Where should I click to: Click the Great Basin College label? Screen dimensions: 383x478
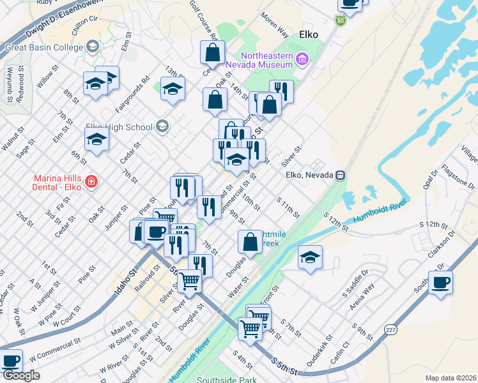click(44, 47)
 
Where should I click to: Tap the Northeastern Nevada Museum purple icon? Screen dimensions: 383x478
click(302, 59)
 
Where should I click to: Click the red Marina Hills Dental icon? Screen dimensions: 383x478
click(91, 182)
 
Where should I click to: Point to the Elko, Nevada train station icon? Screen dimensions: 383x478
click(341, 175)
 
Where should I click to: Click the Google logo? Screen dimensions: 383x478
click(20, 375)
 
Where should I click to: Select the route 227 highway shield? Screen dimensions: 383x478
click(391, 329)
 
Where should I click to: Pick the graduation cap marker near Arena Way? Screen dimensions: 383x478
click(310, 257)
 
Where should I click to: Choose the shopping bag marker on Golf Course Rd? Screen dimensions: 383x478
click(214, 52)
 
